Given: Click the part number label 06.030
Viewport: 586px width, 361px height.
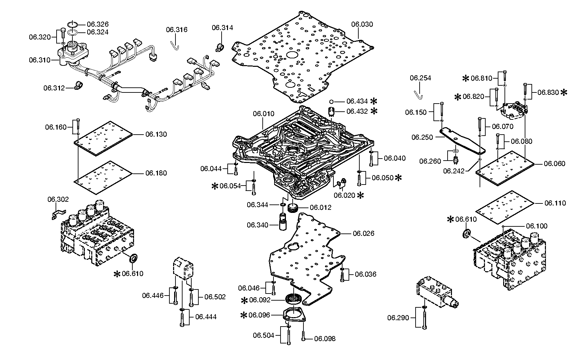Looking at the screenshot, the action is pyautogui.click(x=362, y=24).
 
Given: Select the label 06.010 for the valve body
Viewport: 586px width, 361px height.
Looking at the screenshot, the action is pyautogui.click(x=264, y=114).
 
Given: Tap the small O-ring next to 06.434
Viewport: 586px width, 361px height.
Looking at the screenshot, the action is pyautogui.click(x=331, y=101).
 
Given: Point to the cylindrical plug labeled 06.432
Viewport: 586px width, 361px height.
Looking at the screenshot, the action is pyautogui.click(x=332, y=111).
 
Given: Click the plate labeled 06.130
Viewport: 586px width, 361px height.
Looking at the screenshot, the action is pyautogui.click(x=103, y=139).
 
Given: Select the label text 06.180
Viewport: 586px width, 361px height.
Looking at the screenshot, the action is pyautogui.click(x=156, y=173).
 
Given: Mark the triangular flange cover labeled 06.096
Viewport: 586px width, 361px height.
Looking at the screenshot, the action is pyautogui.click(x=294, y=315).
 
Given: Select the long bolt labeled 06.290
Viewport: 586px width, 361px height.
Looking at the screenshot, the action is pyautogui.click(x=424, y=317).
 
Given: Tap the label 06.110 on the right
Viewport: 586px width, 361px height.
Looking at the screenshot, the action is pyautogui.click(x=555, y=203).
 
